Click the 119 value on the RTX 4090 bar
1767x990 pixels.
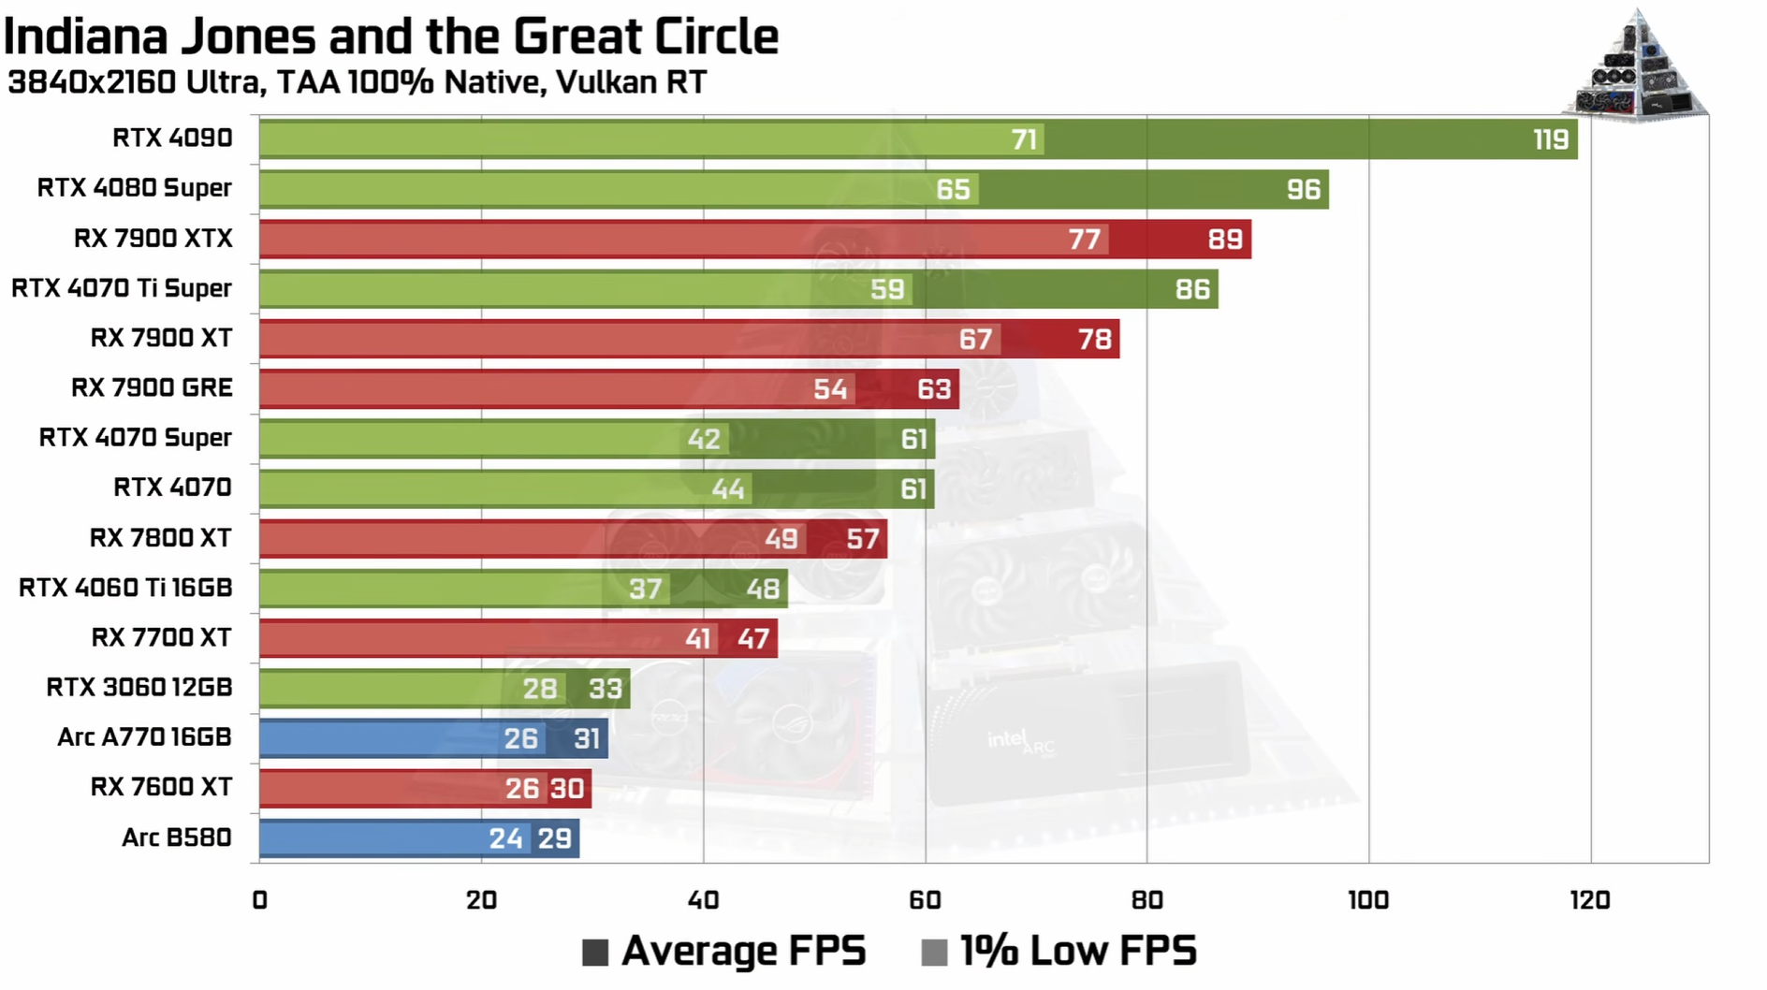[x=1550, y=139]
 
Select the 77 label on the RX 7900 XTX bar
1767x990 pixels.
[x=1084, y=240]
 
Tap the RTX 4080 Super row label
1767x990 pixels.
[x=134, y=188]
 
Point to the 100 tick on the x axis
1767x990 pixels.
[x=1367, y=900]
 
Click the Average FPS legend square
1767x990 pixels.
[x=595, y=953]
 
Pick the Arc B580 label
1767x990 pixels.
[x=176, y=837]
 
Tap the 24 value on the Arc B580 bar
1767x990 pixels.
[x=505, y=838]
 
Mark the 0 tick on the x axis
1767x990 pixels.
[x=259, y=900]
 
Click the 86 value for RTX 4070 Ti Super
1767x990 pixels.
[x=1192, y=289]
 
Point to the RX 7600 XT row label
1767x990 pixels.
[x=161, y=787]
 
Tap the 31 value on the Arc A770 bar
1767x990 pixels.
[x=586, y=739]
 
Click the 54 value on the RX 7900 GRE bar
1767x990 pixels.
[x=829, y=389]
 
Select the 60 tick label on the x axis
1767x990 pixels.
[x=924, y=900]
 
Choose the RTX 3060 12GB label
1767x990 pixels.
[x=139, y=688]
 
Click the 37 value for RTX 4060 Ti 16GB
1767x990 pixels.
[x=645, y=589]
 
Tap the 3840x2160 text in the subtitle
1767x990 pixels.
[x=92, y=82]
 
